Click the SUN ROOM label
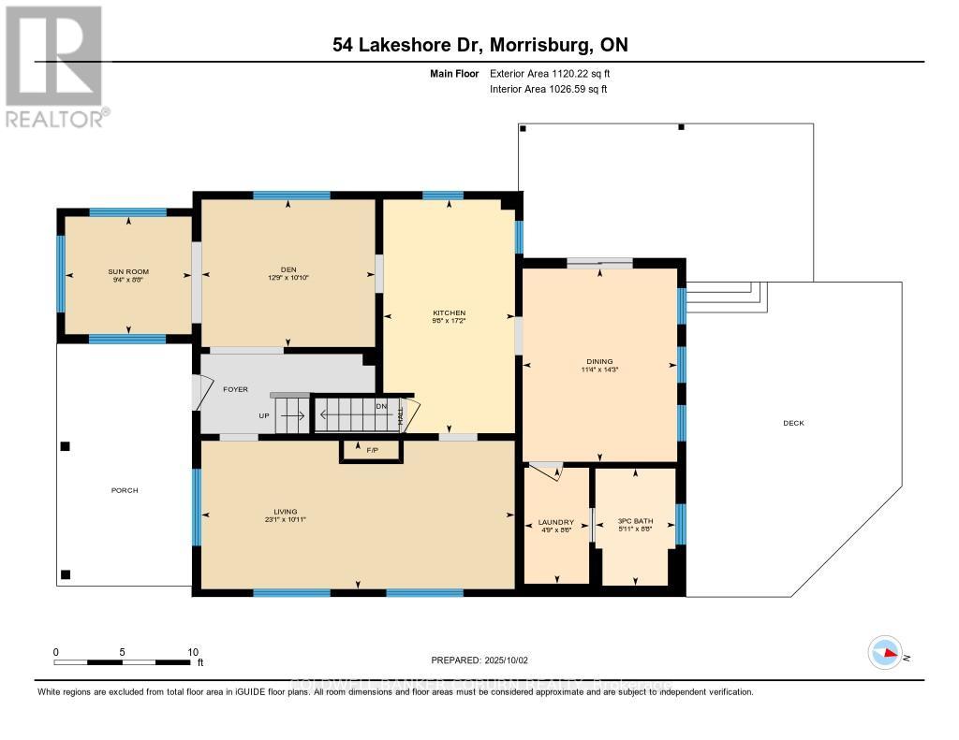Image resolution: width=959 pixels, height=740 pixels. tap(128, 271)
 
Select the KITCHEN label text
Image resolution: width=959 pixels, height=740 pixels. tap(449, 313)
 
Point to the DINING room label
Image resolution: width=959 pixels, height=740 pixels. tap(599, 361)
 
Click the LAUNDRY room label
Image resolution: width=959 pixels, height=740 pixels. tap(556, 522)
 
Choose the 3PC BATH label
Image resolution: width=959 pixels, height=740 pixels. tap(635, 522)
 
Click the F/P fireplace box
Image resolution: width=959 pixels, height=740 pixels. tap(372, 451)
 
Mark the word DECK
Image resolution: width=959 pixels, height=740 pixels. tap(794, 423)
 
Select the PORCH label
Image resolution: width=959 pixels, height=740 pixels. tap(125, 490)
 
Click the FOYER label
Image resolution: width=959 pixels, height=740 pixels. tap(235, 389)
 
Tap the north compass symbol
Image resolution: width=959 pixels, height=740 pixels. tap(885, 653)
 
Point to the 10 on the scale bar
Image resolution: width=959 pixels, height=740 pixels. tap(192, 652)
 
